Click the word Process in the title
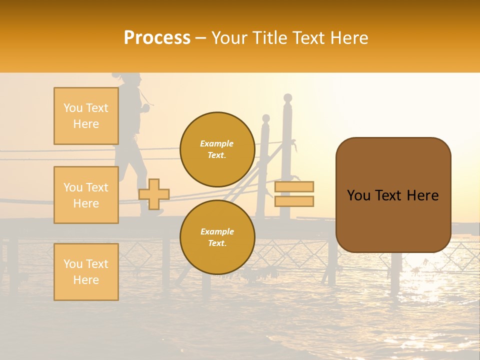coord(157,37)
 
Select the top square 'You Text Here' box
coord(86,116)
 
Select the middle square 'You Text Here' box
coord(86,195)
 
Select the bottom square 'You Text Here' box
coord(86,271)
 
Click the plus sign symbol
coord(154,194)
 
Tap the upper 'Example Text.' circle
coord(217,149)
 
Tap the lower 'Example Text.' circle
coord(217,237)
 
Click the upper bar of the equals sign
coord(294,187)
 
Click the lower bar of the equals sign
coord(294,201)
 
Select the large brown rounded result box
coord(393,195)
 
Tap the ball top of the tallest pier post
coord(287,97)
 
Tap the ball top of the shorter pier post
coord(266,118)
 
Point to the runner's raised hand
coord(146,106)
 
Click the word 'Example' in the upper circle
coord(216,143)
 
